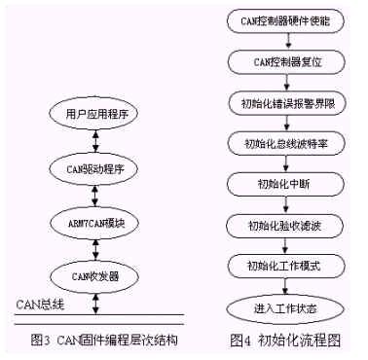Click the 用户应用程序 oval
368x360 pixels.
pyautogui.click(x=95, y=115)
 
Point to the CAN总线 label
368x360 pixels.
pyautogui.click(x=40, y=304)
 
